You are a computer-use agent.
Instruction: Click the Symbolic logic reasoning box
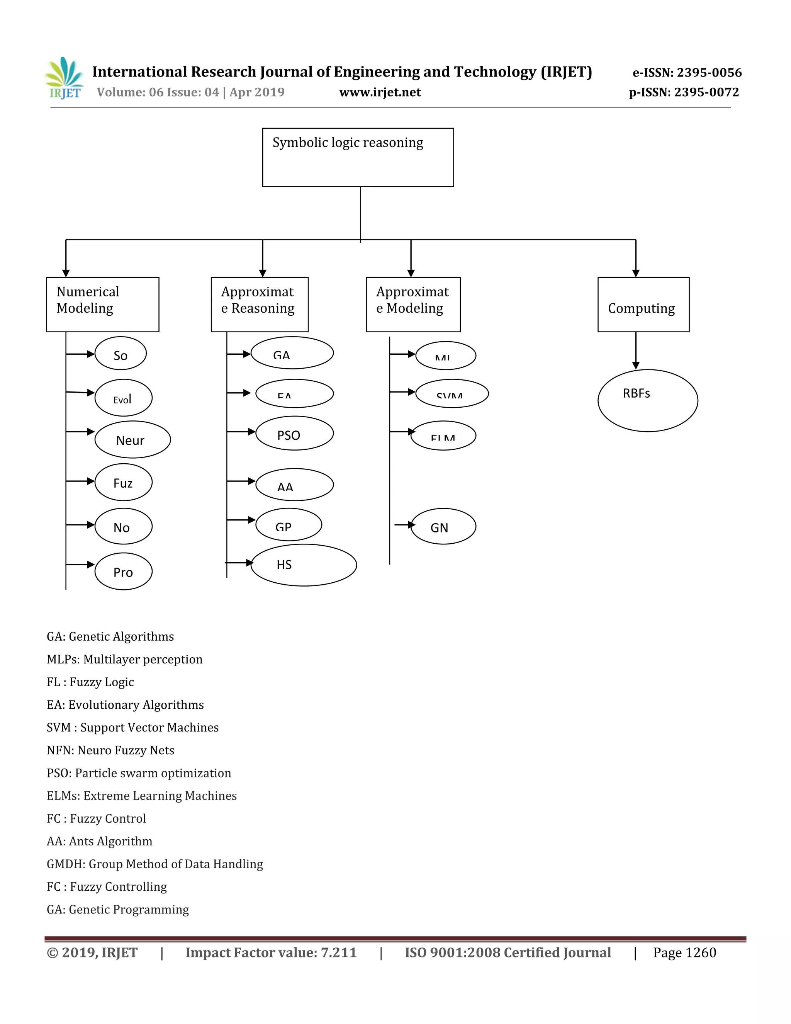pyautogui.click(x=358, y=157)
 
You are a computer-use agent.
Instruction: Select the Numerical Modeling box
pyautogui.click(x=103, y=304)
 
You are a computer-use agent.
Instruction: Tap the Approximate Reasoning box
pyautogui.click(x=260, y=304)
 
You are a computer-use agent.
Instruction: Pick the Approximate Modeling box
pyautogui.click(x=413, y=304)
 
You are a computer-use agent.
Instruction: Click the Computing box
pyautogui.click(x=643, y=304)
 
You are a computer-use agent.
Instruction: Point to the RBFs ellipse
pyautogui.click(x=647, y=400)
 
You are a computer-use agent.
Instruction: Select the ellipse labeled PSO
pyautogui.click(x=294, y=434)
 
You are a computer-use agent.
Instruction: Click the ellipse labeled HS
pyautogui.click(x=304, y=565)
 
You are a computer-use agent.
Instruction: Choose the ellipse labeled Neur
pyautogui.click(x=132, y=439)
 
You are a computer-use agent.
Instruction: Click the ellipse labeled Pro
pyautogui.click(x=124, y=572)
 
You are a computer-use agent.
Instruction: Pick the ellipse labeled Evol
pyautogui.click(x=124, y=398)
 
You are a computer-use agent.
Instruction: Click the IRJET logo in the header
pyautogui.click(x=65, y=78)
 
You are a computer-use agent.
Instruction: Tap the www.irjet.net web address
pyautogui.click(x=380, y=92)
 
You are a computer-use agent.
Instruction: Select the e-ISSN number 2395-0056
pyautogui.click(x=687, y=73)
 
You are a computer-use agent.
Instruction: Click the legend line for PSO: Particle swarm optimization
pyautogui.click(x=139, y=773)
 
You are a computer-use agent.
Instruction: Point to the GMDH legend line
pyautogui.click(x=154, y=864)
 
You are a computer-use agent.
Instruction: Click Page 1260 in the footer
pyautogui.click(x=684, y=953)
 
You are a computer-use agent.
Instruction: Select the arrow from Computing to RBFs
pyautogui.click(x=635, y=351)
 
